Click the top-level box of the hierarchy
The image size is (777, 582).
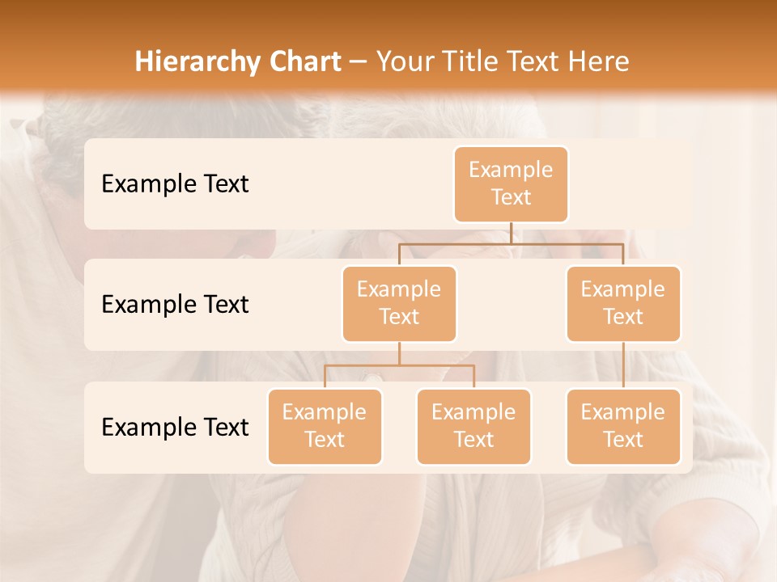pos(511,184)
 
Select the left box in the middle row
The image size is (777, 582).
pos(399,304)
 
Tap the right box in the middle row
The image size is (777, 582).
pos(623,304)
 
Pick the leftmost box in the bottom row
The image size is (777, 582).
pos(325,427)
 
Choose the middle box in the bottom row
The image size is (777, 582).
pos(473,427)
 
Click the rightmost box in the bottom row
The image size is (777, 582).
pos(623,427)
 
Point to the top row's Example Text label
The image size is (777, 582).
pos(175,184)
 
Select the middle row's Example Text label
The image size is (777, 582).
pos(175,305)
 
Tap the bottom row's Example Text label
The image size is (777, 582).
pos(175,428)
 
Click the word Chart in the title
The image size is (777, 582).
pos(304,61)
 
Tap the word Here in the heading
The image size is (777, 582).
pos(599,61)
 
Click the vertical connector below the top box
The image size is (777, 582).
pos(511,233)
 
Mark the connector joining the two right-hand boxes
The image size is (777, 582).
pos(623,365)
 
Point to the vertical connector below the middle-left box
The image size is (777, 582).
pos(399,354)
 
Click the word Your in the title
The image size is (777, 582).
pos(405,61)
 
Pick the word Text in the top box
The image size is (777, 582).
pos(511,198)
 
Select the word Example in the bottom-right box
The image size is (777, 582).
pos(623,412)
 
